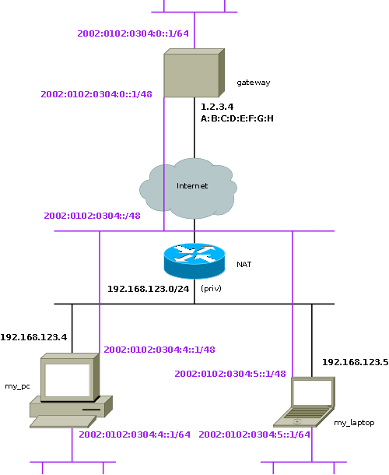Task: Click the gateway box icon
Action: [x=194, y=72]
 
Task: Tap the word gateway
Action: [x=254, y=83]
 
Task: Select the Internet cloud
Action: [x=188, y=188]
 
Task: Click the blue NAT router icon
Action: [x=194, y=261]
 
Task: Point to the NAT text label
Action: [x=244, y=265]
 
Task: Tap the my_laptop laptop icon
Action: [x=304, y=402]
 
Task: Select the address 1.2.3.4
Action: [x=217, y=107]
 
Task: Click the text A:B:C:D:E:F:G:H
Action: [x=237, y=118]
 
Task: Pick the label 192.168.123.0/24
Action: [x=149, y=289]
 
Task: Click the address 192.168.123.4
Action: [x=33, y=337]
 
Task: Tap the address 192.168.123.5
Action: [x=355, y=362]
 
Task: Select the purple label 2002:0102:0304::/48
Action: [x=92, y=216]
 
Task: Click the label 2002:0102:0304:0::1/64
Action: [x=133, y=33]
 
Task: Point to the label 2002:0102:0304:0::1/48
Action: [x=96, y=94]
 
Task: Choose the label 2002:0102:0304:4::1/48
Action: [x=159, y=350]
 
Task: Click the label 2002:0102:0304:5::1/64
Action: [x=254, y=435]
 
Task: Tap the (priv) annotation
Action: [x=211, y=289]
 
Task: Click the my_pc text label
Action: [x=17, y=386]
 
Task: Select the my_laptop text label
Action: [x=354, y=423]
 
